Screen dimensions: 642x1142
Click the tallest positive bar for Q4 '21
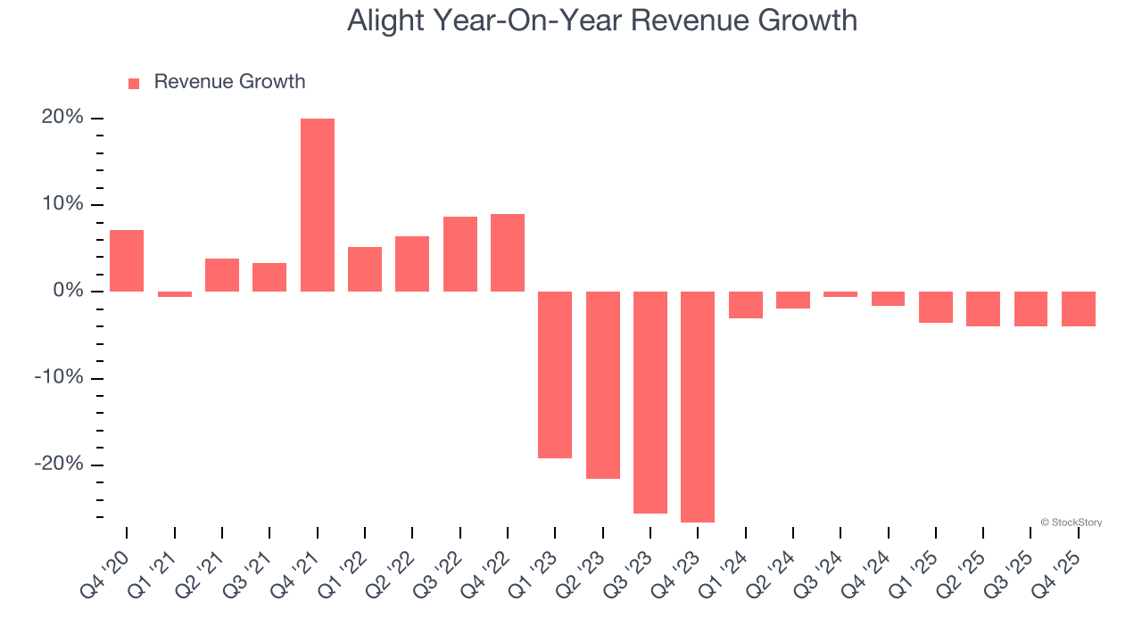[x=318, y=205]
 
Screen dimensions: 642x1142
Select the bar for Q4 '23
[x=698, y=407]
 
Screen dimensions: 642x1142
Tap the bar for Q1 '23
[x=555, y=374]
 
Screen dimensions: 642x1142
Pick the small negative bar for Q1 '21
[x=175, y=294]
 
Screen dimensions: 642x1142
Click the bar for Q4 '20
[x=127, y=260]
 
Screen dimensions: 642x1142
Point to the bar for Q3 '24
[x=840, y=294]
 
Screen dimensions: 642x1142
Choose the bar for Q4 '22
[x=508, y=252]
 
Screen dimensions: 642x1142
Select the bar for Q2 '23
[x=603, y=385]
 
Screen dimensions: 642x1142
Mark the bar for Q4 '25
[x=1079, y=309]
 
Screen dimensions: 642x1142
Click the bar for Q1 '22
[x=365, y=269]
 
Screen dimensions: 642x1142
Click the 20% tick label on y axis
[x=62, y=118]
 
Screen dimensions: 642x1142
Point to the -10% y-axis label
[x=59, y=378]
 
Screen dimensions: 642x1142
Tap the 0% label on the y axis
[x=68, y=292]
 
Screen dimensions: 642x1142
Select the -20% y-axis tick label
[x=59, y=465]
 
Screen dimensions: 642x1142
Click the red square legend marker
[x=134, y=84]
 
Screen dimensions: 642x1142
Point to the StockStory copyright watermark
[x=1071, y=523]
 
